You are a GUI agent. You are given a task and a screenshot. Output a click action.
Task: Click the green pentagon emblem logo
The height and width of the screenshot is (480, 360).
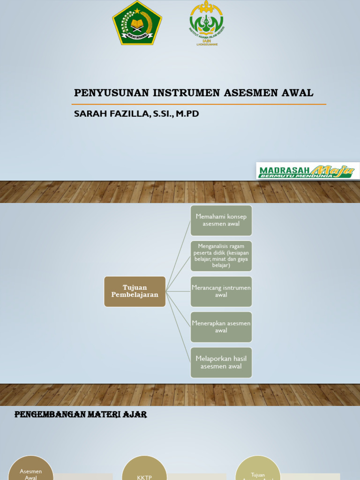coord(137,23)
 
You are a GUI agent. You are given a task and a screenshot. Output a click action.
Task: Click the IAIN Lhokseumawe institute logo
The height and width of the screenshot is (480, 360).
coord(206,23)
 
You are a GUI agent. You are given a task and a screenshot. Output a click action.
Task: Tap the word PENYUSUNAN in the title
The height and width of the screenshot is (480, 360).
coord(111,93)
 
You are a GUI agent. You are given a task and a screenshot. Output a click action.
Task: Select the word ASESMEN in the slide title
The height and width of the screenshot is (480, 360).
coord(244,93)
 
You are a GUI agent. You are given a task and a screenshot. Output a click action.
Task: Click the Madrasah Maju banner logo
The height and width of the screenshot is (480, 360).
coord(307,171)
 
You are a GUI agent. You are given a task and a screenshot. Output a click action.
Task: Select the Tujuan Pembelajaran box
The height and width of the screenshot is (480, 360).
coord(135,291)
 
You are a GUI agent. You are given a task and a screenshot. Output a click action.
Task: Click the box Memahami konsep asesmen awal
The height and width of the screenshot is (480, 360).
coord(221,220)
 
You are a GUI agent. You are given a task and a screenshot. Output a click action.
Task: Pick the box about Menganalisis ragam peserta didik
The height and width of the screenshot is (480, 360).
coord(221,255)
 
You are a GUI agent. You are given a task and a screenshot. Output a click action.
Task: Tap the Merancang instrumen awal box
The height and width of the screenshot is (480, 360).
coord(221,291)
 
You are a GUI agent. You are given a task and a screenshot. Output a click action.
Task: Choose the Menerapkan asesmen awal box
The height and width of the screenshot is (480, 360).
coord(221,327)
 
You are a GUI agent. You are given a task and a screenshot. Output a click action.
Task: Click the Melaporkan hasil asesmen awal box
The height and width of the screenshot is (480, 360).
coord(221,362)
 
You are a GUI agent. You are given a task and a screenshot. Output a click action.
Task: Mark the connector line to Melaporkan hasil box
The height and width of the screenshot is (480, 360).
coord(179,328)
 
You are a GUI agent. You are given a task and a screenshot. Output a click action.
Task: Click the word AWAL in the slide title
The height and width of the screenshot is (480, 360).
coord(298,93)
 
